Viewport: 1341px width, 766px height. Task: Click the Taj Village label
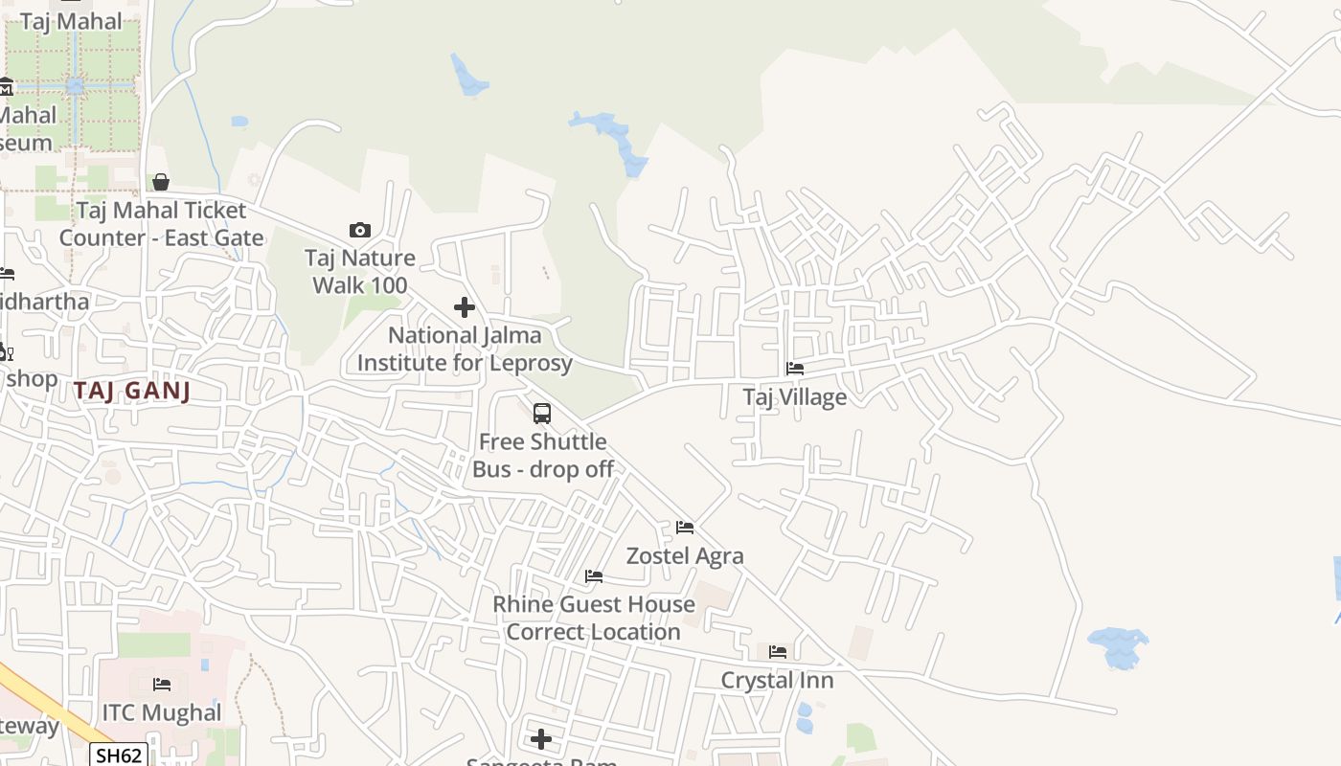(x=794, y=396)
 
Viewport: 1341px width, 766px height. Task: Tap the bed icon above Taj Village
(x=794, y=368)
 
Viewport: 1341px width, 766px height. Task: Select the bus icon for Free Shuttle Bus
(x=542, y=414)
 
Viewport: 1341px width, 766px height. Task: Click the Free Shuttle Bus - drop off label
(x=543, y=455)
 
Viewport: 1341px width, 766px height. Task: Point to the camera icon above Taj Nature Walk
(x=360, y=230)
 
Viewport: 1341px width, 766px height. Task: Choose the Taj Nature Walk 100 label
(x=360, y=271)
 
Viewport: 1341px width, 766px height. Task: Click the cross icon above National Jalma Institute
(x=465, y=307)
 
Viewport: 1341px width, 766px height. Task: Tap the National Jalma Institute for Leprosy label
(x=465, y=349)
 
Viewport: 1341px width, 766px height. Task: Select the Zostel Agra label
(x=685, y=555)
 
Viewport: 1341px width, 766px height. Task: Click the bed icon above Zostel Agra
(x=685, y=528)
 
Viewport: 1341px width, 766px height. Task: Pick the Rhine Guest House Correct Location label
(x=594, y=618)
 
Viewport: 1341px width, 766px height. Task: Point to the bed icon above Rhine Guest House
(x=594, y=576)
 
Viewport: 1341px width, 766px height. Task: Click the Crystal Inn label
(x=777, y=680)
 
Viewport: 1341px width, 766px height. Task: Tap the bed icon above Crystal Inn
(x=778, y=652)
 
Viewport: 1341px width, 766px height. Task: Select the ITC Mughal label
(x=162, y=712)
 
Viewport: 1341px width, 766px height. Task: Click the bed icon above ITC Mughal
(x=162, y=685)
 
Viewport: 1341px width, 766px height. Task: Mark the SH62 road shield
(x=120, y=755)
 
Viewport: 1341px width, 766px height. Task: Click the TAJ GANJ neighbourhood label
(x=132, y=390)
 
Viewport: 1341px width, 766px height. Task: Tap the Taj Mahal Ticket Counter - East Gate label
(x=161, y=223)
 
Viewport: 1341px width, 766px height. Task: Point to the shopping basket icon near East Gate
(x=161, y=182)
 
